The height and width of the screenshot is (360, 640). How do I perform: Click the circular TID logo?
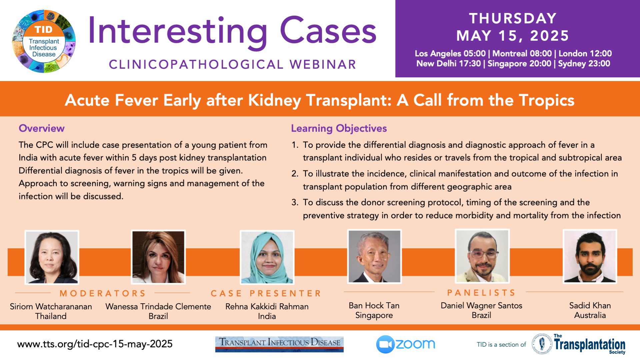(x=44, y=41)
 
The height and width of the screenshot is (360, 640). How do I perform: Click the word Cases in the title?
(x=328, y=31)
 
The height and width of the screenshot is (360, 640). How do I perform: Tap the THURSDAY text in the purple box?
(x=513, y=18)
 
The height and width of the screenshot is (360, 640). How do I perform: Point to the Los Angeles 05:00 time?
(x=450, y=54)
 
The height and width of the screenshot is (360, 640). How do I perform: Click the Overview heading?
(x=42, y=128)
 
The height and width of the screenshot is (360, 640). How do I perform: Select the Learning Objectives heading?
(x=339, y=128)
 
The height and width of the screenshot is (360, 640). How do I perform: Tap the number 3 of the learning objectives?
(x=295, y=202)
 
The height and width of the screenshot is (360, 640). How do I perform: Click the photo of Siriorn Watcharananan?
(x=52, y=257)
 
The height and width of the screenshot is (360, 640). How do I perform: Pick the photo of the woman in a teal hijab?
(x=267, y=257)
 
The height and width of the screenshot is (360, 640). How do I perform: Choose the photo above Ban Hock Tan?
(x=374, y=256)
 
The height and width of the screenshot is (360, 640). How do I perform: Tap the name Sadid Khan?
(x=590, y=305)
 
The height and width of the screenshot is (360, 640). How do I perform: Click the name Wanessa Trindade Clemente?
(x=158, y=306)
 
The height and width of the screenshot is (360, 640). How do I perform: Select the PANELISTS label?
(x=481, y=293)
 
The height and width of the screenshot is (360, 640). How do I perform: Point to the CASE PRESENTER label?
(x=266, y=293)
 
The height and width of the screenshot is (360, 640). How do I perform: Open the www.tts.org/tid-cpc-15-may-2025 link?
(x=95, y=344)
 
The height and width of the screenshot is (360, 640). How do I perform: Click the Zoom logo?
(x=406, y=344)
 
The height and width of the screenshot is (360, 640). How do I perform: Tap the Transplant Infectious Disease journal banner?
(x=279, y=344)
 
